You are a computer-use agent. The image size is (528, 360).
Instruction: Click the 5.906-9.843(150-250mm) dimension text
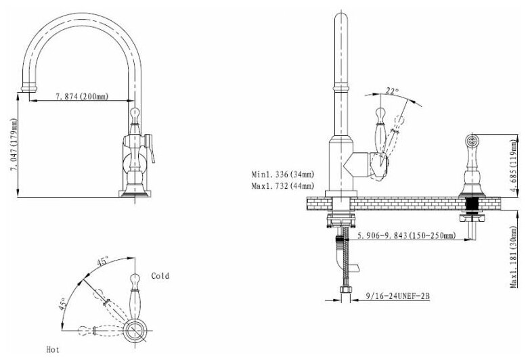tap(405, 236)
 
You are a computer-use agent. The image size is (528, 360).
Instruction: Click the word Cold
tap(160, 276)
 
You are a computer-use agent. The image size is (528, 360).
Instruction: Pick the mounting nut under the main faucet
tap(339, 219)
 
